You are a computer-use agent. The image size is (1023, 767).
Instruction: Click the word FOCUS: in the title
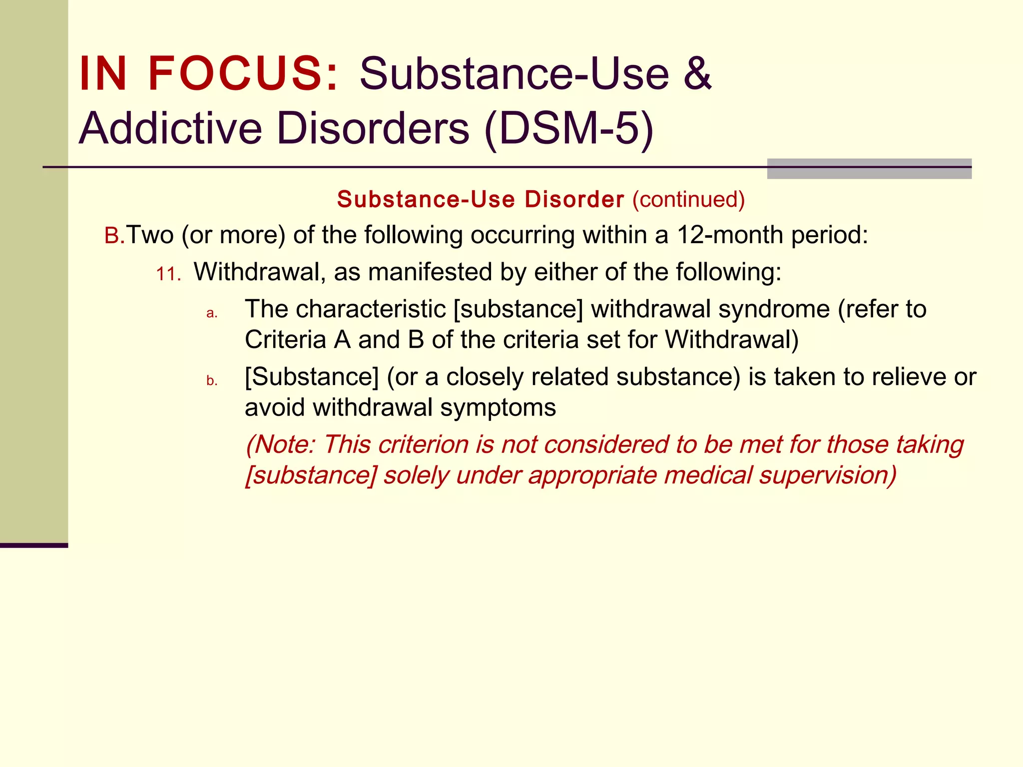click(243, 74)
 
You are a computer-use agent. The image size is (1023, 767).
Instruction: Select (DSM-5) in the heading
click(569, 129)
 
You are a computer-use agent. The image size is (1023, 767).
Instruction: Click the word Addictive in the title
click(170, 129)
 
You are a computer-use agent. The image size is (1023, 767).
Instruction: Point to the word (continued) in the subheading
click(688, 199)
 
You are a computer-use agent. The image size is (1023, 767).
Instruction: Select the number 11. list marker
click(168, 274)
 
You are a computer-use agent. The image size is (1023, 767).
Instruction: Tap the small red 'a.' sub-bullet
click(212, 313)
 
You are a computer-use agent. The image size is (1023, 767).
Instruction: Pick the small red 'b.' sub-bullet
click(212, 381)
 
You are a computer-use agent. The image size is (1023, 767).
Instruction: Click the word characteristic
click(370, 309)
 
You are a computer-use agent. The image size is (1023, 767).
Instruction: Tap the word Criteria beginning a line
click(285, 340)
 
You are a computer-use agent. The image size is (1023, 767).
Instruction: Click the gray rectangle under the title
click(869, 169)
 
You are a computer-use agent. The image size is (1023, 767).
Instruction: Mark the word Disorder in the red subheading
click(574, 199)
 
